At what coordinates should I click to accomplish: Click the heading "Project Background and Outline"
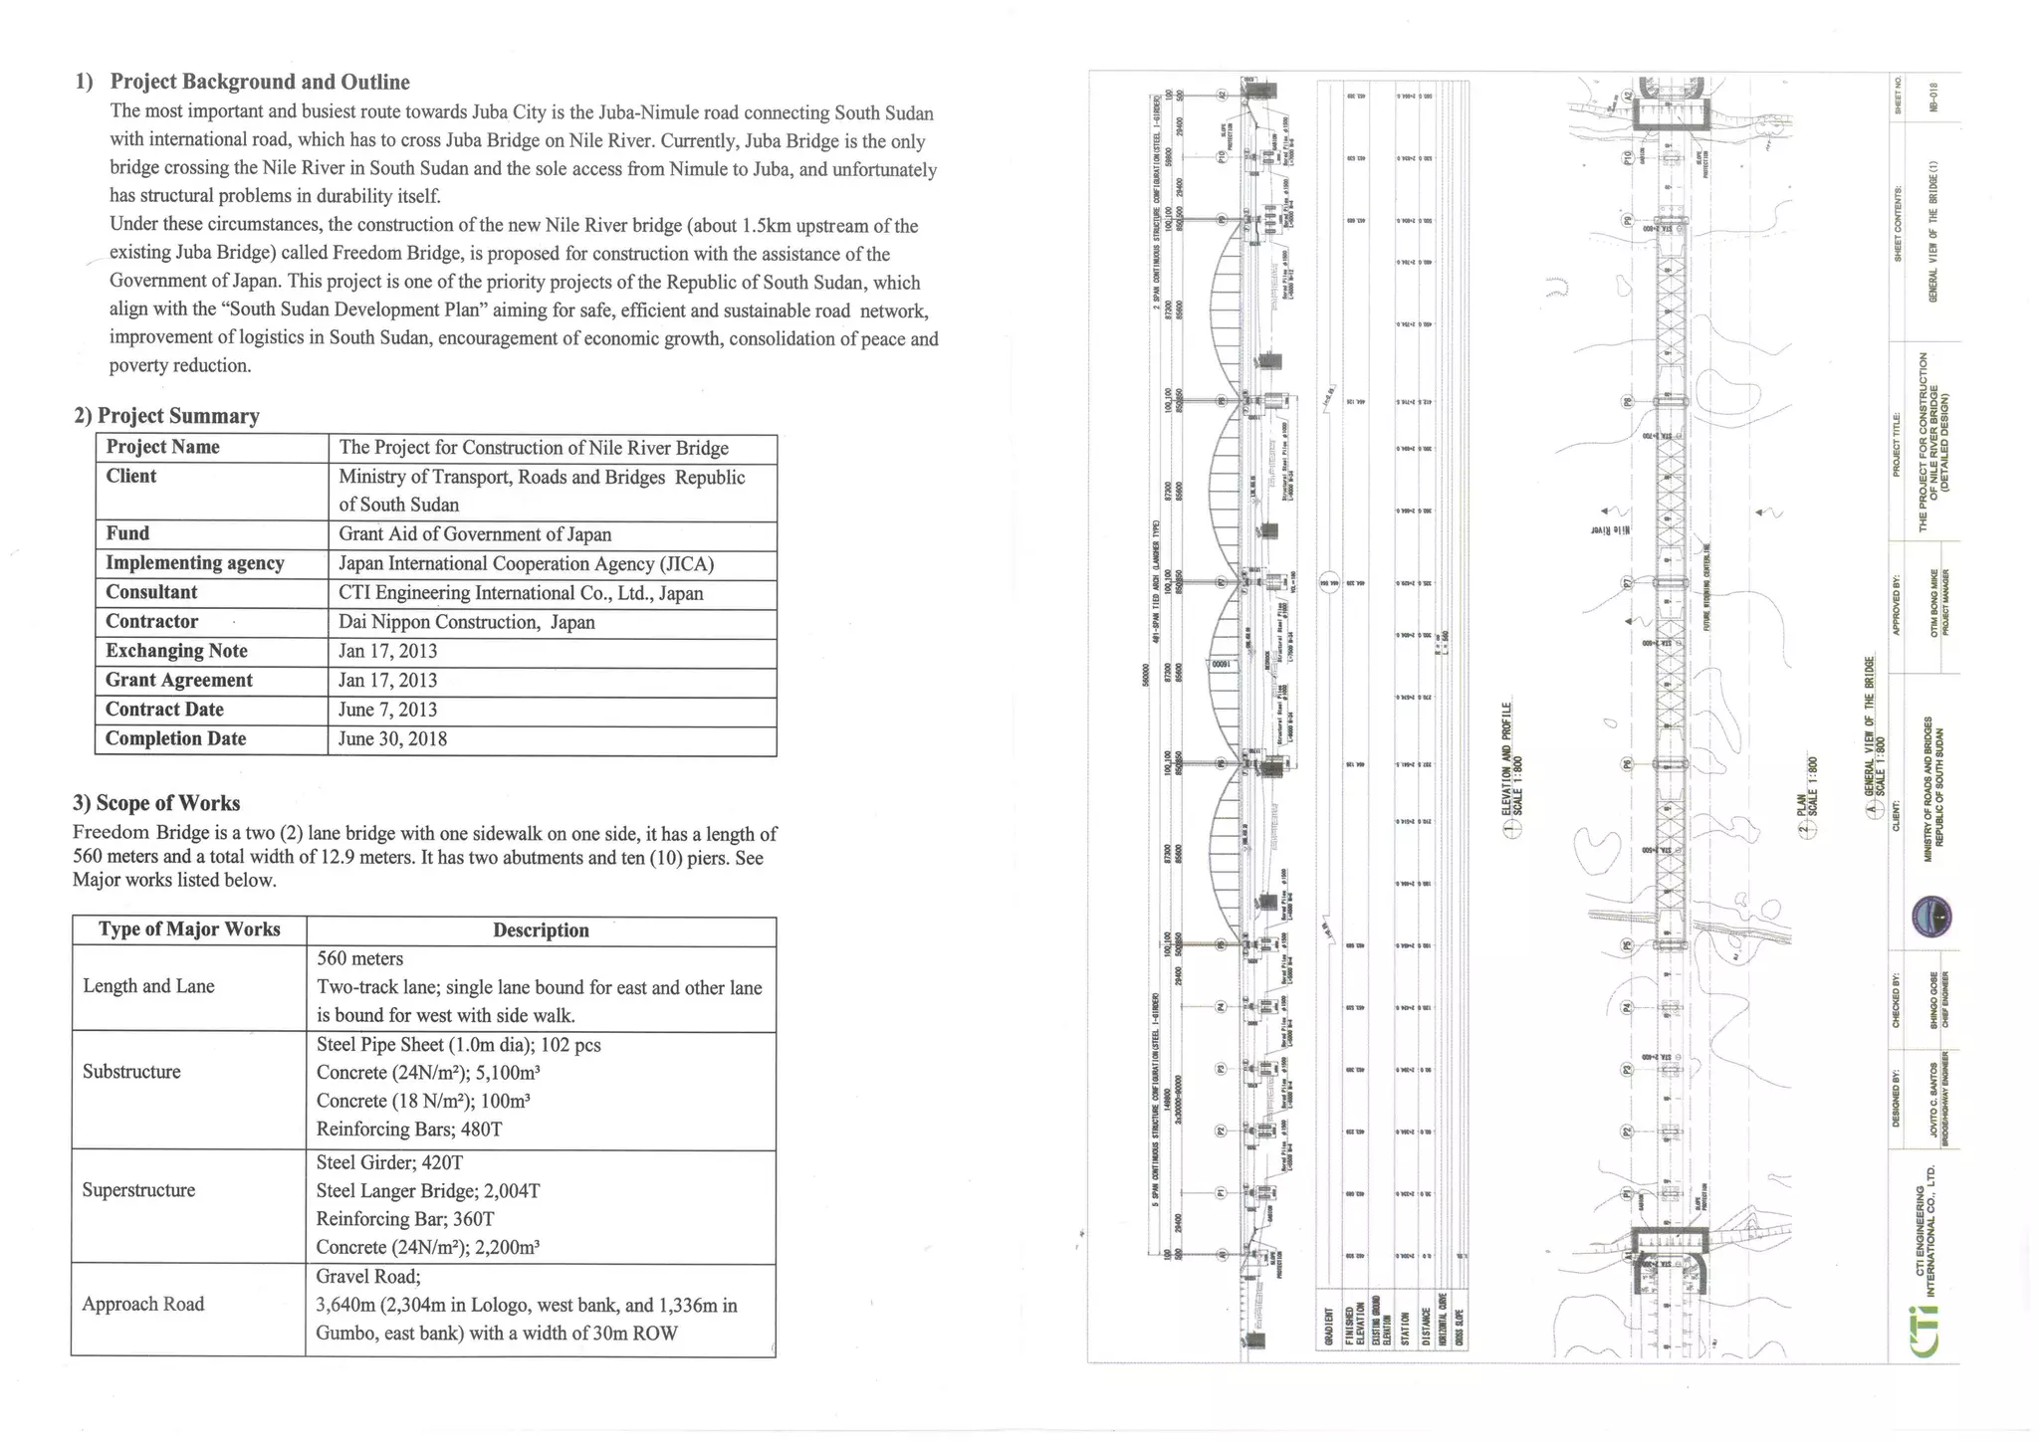(259, 82)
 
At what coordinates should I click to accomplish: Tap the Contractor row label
(152, 622)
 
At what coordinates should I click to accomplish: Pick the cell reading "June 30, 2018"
(393, 739)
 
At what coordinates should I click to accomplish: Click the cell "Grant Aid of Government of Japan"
(475, 534)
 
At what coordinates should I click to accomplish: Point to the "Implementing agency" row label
(195, 563)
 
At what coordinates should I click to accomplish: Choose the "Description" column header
(541, 930)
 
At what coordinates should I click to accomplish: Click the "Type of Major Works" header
(189, 929)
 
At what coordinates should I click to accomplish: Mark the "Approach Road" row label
(142, 1305)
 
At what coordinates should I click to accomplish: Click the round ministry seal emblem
(1932, 917)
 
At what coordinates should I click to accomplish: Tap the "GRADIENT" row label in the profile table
(1328, 1328)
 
